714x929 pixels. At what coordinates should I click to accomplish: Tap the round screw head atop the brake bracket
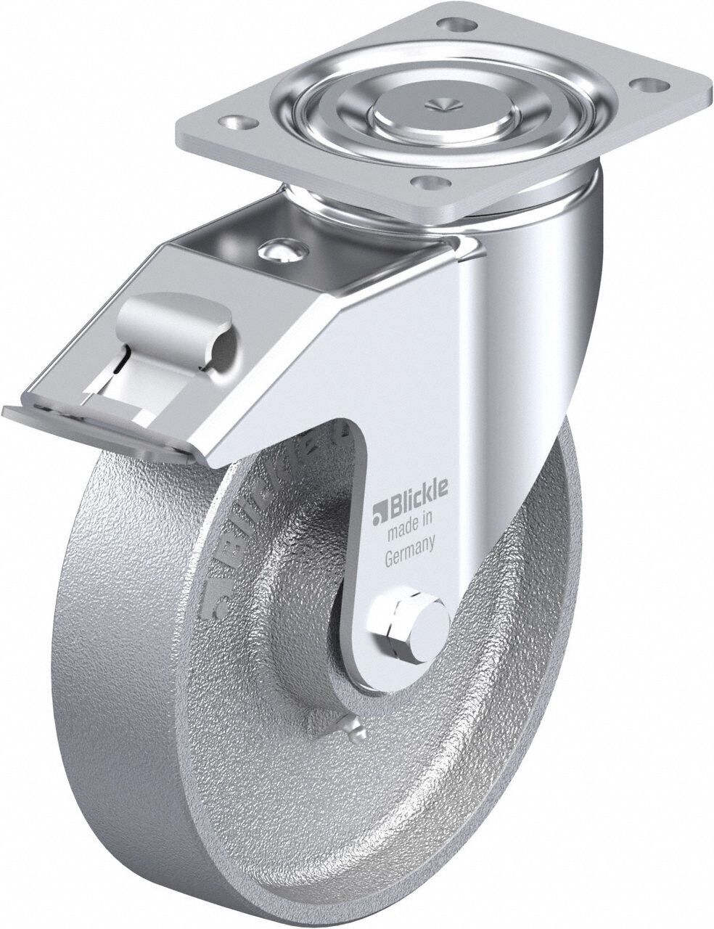pyautogui.click(x=279, y=250)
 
